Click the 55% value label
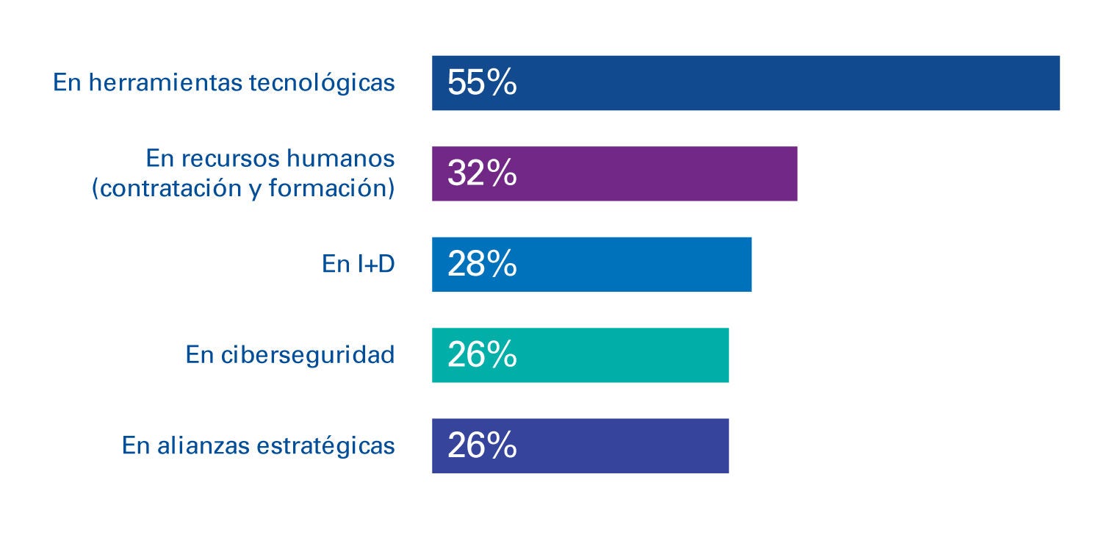[482, 83]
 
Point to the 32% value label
[482, 173]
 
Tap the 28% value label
[482, 265]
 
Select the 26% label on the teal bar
[482, 355]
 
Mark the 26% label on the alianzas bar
[482, 445]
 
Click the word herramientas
[165, 83]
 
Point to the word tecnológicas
[322, 84]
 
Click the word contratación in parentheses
[164, 189]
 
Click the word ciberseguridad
[308, 355]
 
